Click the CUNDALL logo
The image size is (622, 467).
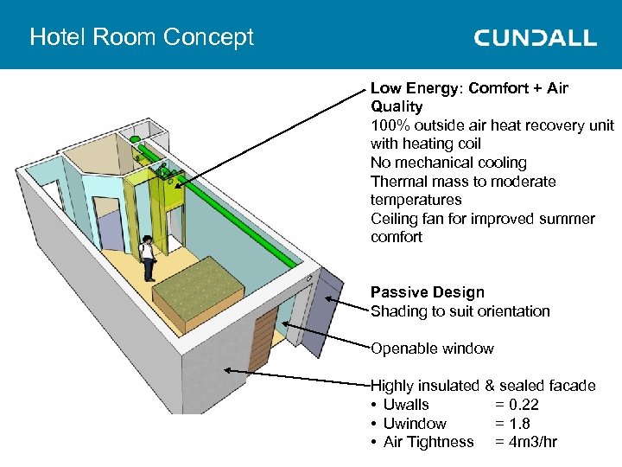535,37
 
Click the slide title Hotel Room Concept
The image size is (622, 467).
142,37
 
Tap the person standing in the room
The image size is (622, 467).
148,258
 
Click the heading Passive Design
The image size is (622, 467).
428,292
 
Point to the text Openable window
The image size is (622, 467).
432,349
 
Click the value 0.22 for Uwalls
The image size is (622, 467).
526,405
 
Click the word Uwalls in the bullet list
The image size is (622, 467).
406,405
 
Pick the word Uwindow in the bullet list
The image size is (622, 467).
415,424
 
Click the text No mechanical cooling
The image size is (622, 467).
448,163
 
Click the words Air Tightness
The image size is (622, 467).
428,442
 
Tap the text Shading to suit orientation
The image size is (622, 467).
460,311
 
